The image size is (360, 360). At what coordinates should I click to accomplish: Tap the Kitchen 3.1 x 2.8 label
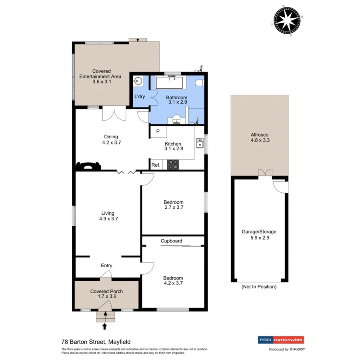pyautogui.click(x=173, y=146)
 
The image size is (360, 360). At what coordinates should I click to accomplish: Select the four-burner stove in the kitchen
pyautogui.click(x=173, y=164)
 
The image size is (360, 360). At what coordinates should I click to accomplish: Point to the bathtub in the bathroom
pyautogui.click(x=169, y=83)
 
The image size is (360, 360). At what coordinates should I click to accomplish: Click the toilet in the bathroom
pyautogui.click(x=200, y=83)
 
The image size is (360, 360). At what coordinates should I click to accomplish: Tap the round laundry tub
pyautogui.click(x=138, y=82)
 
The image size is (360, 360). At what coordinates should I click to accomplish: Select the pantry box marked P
pyautogui.click(x=158, y=132)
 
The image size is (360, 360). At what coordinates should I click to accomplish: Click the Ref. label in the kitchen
pyautogui.click(x=156, y=165)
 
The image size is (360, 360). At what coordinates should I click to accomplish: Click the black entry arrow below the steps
pyautogui.click(x=105, y=326)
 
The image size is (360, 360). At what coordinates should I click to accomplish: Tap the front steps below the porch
pyautogui.click(x=105, y=317)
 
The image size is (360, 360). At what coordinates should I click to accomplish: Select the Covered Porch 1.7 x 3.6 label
pyautogui.click(x=106, y=294)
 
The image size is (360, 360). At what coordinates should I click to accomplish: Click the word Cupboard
pyautogui.click(x=171, y=241)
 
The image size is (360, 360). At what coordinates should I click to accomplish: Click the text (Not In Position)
pyautogui.click(x=259, y=287)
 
